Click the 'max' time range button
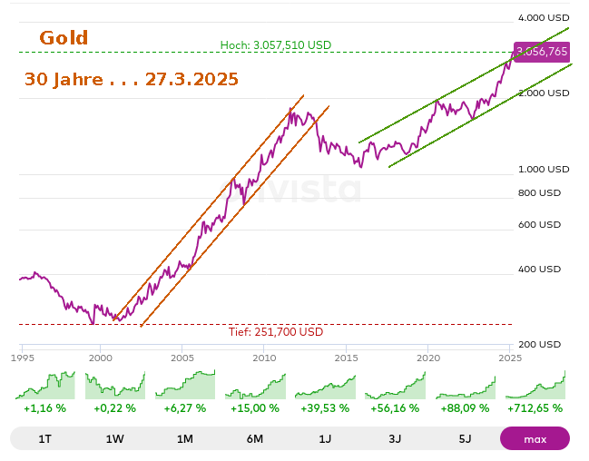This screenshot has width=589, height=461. [535, 439]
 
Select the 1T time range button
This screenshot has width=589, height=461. [44, 439]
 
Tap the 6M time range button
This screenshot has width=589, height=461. [254, 439]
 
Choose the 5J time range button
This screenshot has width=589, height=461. [465, 439]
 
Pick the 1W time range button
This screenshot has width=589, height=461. [114, 439]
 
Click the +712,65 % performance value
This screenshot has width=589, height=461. [535, 408]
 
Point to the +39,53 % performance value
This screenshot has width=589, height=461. [324, 408]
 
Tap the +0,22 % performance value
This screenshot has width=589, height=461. [114, 408]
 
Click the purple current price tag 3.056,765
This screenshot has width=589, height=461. [542, 52]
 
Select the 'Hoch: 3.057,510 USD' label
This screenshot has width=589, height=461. [276, 45]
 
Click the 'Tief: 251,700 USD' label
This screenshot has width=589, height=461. [276, 332]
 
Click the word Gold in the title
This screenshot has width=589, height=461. [64, 38]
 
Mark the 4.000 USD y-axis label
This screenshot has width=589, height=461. [544, 17]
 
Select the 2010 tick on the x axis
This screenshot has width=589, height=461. [264, 358]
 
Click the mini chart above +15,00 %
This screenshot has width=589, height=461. [254, 385]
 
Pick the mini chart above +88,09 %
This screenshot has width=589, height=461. [465, 385]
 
